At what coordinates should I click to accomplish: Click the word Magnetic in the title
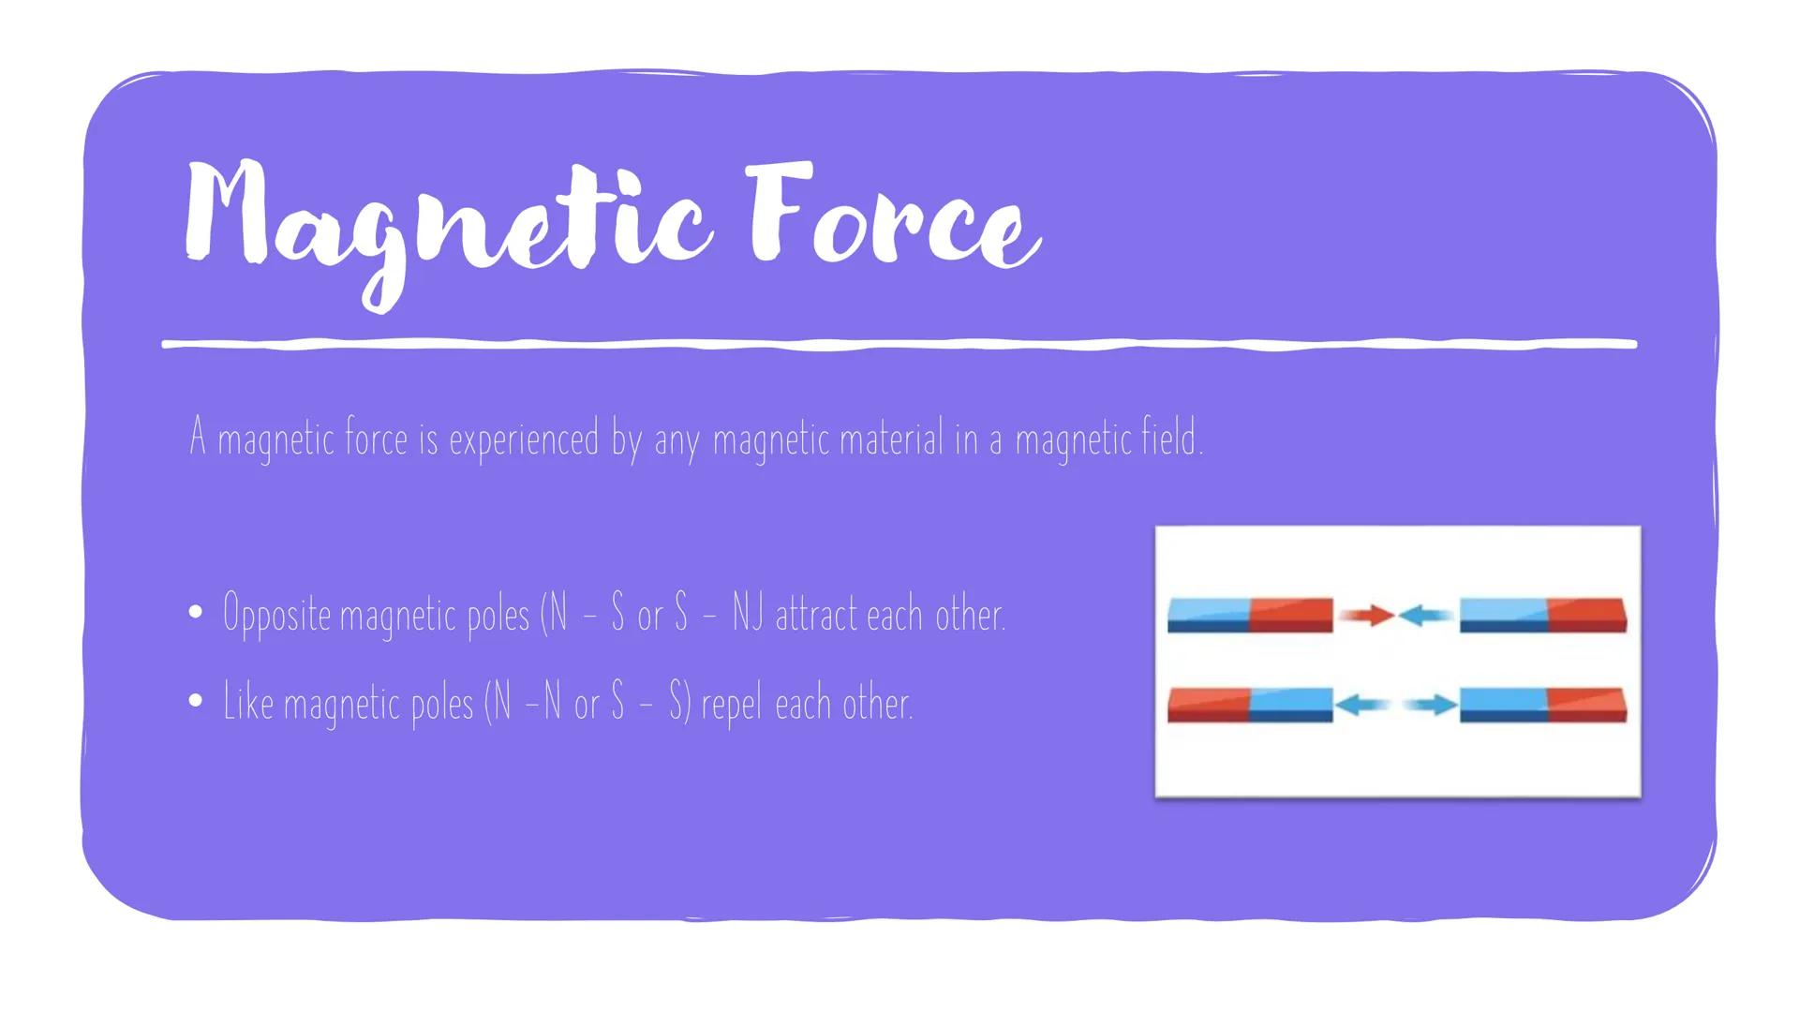click(445, 220)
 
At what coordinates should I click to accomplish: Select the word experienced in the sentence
click(524, 439)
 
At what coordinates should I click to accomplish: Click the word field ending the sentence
click(1170, 438)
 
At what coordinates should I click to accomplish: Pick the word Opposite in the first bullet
click(276, 616)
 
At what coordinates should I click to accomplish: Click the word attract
click(815, 615)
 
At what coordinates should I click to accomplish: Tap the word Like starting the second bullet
click(248, 702)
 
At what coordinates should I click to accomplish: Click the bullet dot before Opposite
click(195, 614)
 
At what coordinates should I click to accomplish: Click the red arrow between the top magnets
click(1367, 615)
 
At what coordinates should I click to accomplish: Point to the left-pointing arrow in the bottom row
click(1362, 705)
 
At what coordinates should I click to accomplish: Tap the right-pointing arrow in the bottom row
click(1430, 705)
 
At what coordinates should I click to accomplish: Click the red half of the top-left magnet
click(1291, 614)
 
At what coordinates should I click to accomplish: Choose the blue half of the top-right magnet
click(1503, 614)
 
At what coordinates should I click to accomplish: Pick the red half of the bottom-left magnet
click(1208, 704)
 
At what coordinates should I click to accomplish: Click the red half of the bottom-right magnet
click(1587, 704)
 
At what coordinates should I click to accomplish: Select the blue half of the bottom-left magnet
click(1291, 704)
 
